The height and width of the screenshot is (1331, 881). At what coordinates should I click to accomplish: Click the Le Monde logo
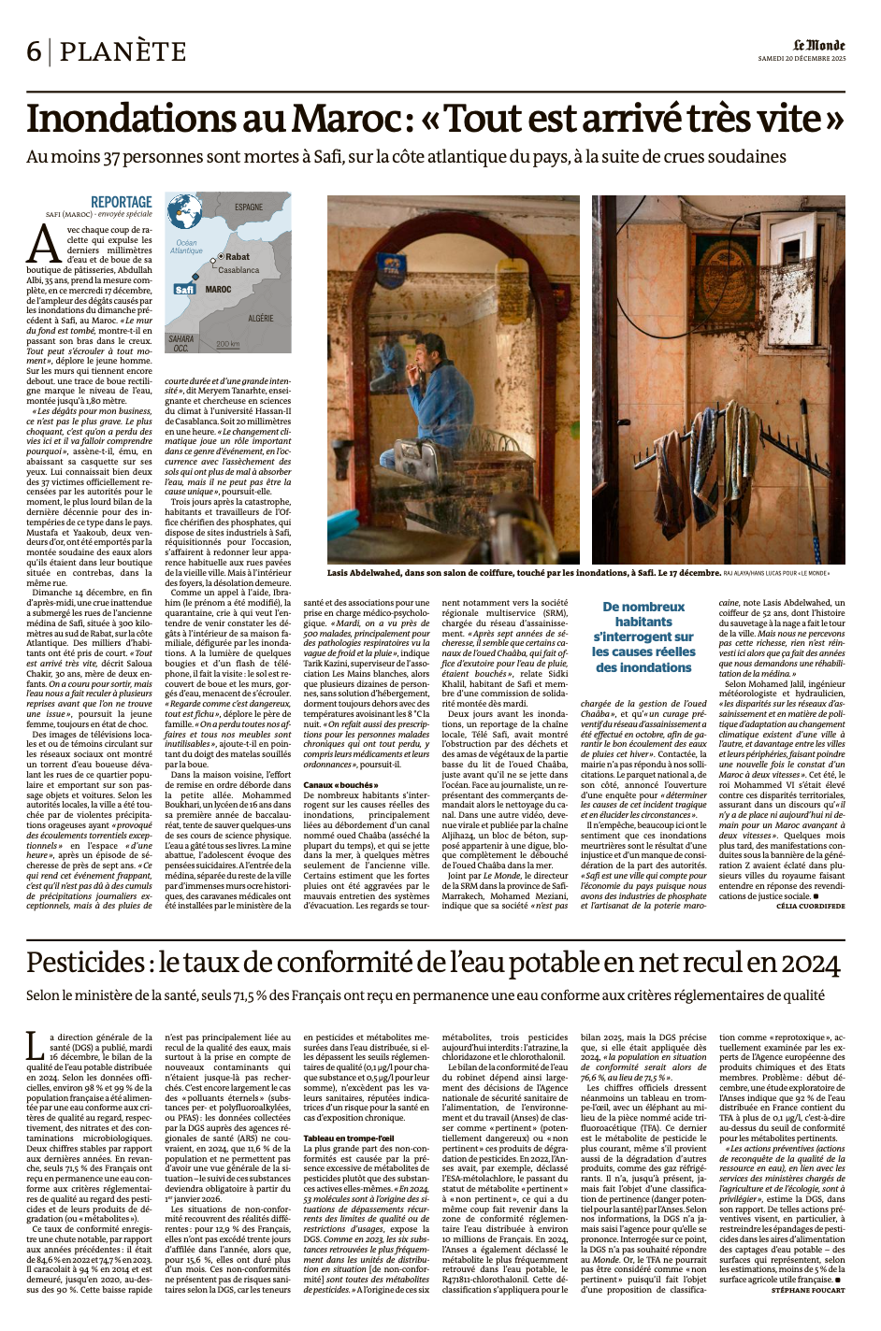click(x=819, y=45)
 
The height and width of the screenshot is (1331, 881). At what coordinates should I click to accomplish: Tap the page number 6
click(x=34, y=51)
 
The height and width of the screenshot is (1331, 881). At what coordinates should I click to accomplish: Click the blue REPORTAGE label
click(x=121, y=202)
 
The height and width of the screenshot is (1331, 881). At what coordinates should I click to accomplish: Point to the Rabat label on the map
click(x=238, y=256)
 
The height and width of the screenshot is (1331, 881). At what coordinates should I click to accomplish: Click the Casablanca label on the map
click(x=238, y=269)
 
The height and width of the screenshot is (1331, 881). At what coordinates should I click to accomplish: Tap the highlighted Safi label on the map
click(x=184, y=290)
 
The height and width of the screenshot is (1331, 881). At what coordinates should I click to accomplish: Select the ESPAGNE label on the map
click(x=249, y=207)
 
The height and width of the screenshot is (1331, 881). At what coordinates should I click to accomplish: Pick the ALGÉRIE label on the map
click(x=260, y=319)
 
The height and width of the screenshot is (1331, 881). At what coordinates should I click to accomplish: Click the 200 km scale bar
click(x=227, y=345)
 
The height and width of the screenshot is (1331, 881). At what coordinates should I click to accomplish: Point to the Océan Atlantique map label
click(x=186, y=247)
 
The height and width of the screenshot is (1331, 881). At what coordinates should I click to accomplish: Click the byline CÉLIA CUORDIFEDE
click(x=810, y=907)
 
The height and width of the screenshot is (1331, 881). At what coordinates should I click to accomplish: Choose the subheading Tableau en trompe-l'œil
click(x=348, y=1138)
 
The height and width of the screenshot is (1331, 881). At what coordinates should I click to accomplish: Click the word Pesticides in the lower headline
click(x=89, y=962)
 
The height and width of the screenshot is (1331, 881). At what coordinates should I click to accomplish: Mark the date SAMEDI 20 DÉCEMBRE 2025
click(x=802, y=58)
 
